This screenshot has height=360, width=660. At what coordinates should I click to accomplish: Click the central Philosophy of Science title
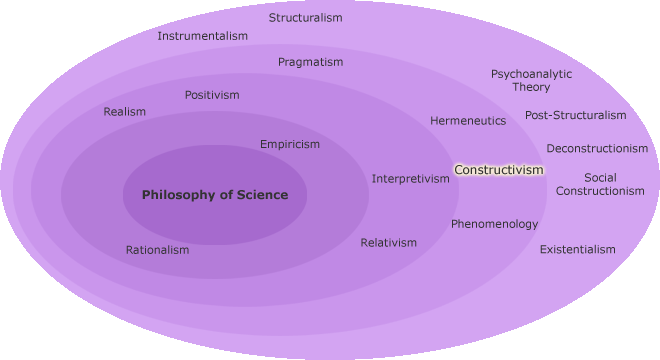point(214,195)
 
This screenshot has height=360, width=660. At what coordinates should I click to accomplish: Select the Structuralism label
point(305,18)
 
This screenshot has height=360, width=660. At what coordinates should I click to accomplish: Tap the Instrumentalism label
point(202,36)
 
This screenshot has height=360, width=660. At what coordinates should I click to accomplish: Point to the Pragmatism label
point(310,62)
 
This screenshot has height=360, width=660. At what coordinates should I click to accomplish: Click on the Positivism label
point(212,95)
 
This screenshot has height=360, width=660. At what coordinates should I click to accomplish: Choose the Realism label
point(125,112)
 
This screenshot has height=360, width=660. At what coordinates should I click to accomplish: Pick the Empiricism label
point(290,144)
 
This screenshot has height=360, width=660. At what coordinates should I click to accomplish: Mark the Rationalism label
point(157,250)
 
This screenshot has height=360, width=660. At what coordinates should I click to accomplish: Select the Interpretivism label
point(411,179)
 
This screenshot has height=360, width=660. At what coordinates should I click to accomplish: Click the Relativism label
point(389,243)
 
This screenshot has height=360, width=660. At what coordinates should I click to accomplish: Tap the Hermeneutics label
point(468,121)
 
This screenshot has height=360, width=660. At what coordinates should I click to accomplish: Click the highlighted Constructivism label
point(499,170)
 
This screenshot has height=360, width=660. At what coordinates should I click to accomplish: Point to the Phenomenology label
point(494,224)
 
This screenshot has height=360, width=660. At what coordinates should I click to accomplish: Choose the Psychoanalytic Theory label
point(531,80)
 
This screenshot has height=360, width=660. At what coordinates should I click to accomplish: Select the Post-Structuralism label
point(575,115)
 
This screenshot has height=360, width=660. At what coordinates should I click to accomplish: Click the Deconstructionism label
point(597,149)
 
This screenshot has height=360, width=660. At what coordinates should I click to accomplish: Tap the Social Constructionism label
point(600,184)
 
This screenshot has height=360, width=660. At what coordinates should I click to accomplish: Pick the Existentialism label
point(578,249)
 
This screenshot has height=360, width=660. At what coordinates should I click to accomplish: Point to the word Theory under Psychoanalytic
point(531,87)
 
